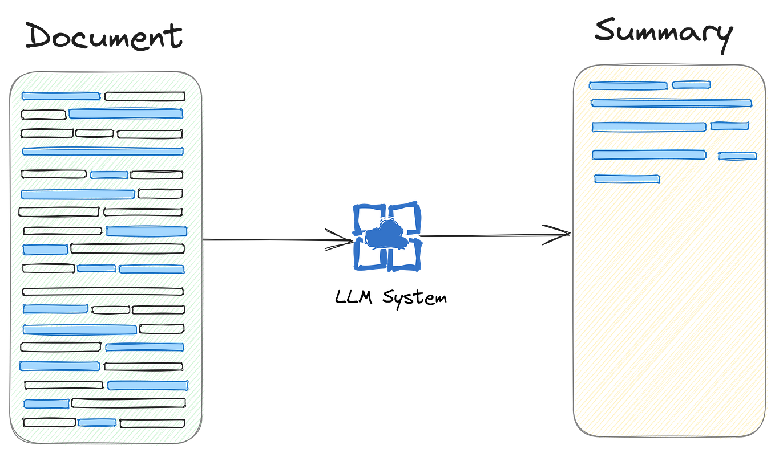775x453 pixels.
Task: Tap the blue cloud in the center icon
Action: click(x=386, y=234)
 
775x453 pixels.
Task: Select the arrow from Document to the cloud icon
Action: click(x=274, y=240)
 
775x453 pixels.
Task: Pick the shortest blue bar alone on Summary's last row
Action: click(x=627, y=179)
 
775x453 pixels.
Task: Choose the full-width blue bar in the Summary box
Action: click(x=671, y=103)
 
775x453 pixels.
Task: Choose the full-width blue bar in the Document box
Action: click(x=103, y=152)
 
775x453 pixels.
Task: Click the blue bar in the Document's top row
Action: click(x=60, y=96)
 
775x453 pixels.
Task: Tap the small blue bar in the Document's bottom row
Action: click(x=97, y=423)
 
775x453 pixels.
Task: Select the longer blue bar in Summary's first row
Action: click(x=627, y=86)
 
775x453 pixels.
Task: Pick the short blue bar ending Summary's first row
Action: click(x=691, y=85)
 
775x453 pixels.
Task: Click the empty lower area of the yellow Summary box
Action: click(x=668, y=319)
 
